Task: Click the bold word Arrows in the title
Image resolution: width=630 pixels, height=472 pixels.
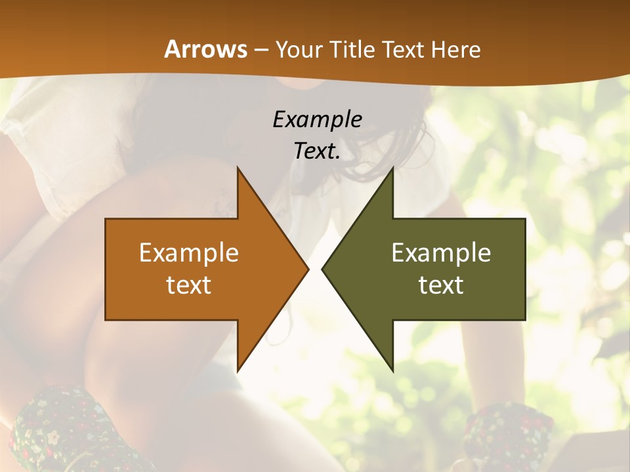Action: click(206, 49)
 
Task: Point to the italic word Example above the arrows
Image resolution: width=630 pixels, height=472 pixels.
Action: click(317, 120)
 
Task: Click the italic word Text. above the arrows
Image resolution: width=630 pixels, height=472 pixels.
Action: click(317, 151)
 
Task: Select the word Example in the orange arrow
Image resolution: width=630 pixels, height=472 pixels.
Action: click(189, 253)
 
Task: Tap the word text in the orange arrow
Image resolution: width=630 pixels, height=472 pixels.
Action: click(189, 285)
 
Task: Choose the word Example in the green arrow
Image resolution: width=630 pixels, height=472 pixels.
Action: click(441, 253)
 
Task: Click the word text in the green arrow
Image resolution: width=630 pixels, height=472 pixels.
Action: click(441, 285)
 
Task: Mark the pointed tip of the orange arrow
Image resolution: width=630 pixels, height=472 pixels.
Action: click(308, 269)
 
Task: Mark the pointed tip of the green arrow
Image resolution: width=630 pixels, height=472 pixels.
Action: click(322, 269)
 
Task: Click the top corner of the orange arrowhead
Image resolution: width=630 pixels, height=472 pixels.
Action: click(238, 168)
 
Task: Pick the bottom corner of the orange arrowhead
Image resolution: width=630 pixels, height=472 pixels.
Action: click(238, 371)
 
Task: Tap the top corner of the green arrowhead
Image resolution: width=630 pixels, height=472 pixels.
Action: click(392, 168)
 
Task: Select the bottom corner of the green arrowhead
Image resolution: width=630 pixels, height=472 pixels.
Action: click(392, 371)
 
